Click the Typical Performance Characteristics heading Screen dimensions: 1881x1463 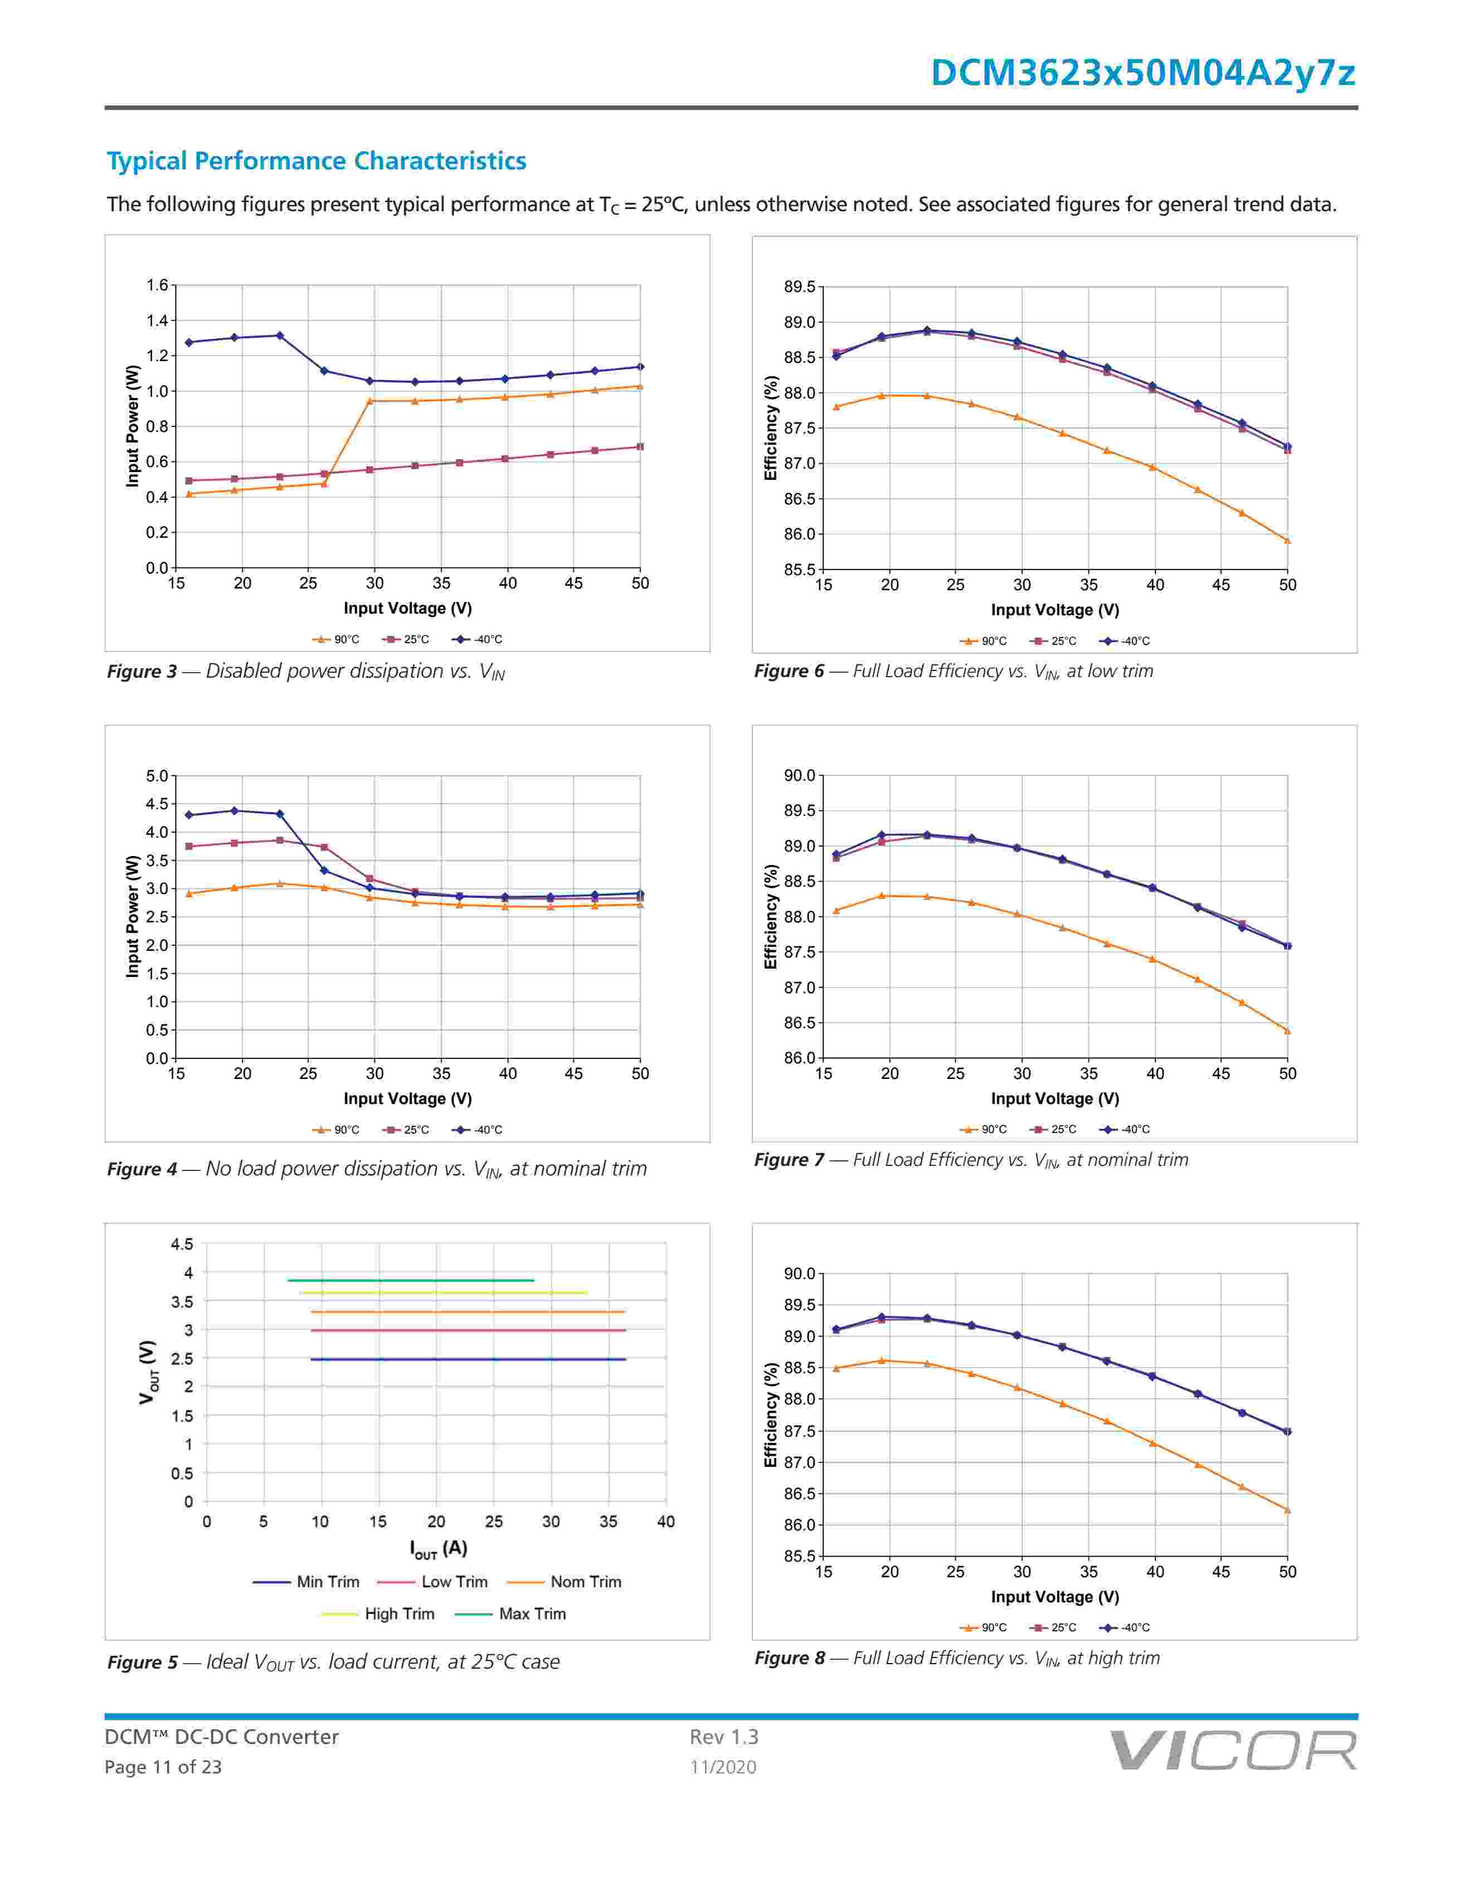(316, 161)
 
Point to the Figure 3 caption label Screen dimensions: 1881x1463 (141, 672)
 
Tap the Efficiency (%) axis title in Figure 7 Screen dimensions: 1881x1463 (771, 917)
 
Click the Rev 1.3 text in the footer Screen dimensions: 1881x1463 (723, 1737)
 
